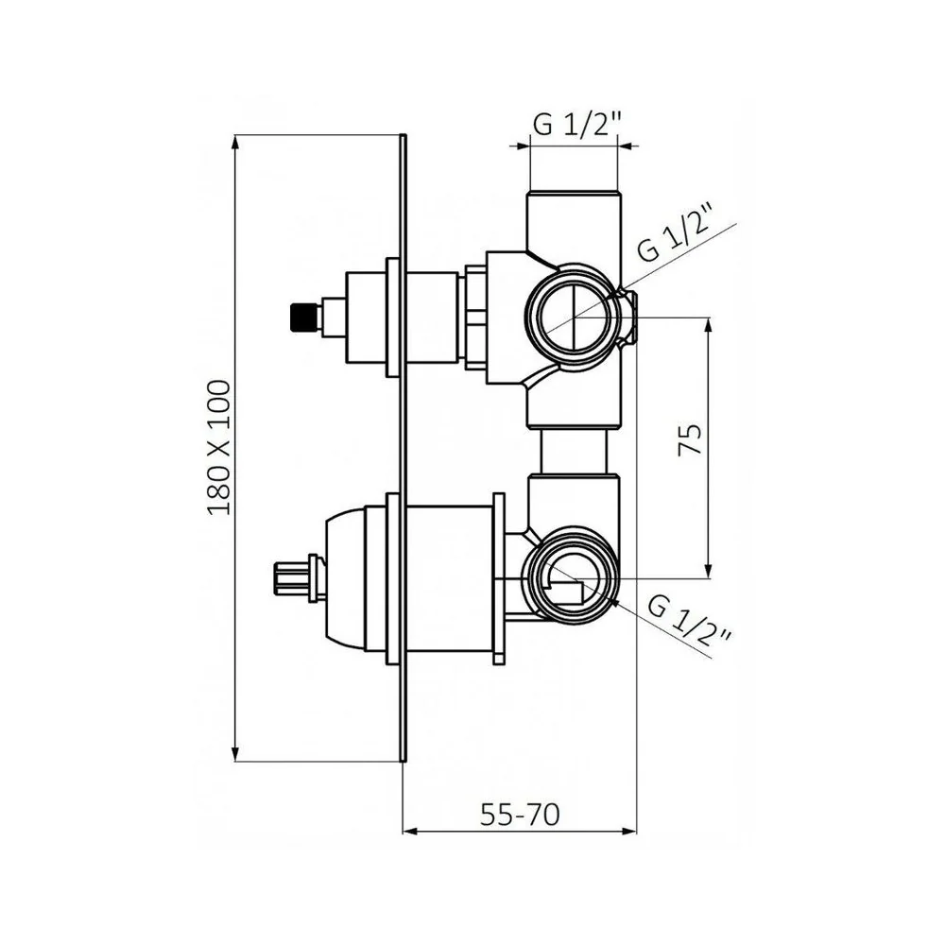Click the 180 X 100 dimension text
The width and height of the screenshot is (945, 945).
coord(219,447)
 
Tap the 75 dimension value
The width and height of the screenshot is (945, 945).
coord(690,439)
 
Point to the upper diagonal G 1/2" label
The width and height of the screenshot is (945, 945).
coord(677,233)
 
